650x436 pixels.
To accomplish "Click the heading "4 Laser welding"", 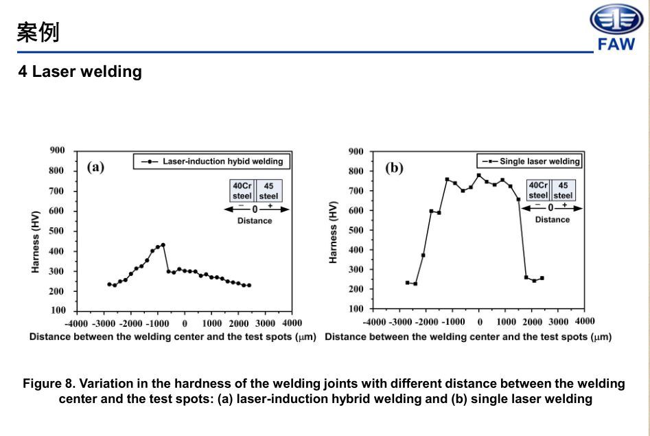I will point(80,71).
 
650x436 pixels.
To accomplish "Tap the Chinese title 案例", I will point(38,32).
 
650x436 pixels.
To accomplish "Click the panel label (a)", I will point(95,167).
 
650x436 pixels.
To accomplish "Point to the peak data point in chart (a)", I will point(163,244).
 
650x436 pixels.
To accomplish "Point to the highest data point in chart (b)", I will point(479,175).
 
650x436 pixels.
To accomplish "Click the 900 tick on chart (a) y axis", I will point(58,150).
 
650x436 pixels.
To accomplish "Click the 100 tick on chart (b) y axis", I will point(356,309).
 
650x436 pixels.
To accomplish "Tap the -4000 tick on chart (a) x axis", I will point(77,323).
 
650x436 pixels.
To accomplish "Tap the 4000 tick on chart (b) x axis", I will point(584,321).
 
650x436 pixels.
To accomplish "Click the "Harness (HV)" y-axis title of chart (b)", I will point(334,232).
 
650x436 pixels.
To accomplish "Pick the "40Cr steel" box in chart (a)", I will point(242,191).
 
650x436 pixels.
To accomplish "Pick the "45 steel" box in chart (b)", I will point(563,190).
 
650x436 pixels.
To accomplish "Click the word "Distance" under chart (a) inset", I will point(255,220).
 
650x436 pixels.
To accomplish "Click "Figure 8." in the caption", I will point(50,383).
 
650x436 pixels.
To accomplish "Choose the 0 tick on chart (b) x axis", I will point(480,322).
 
